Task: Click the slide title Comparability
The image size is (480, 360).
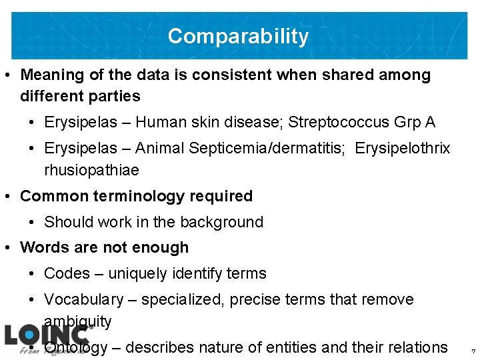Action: tap(238, 36)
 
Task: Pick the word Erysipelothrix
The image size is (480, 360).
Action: tap(403, 148)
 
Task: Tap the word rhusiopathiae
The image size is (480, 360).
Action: tap(91, 170)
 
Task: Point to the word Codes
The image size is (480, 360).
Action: tap(67, 273)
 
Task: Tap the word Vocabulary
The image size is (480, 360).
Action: tap(83, 300)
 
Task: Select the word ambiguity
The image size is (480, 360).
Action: tap(78, 321)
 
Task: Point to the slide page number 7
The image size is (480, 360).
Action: tap(473, 351)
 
